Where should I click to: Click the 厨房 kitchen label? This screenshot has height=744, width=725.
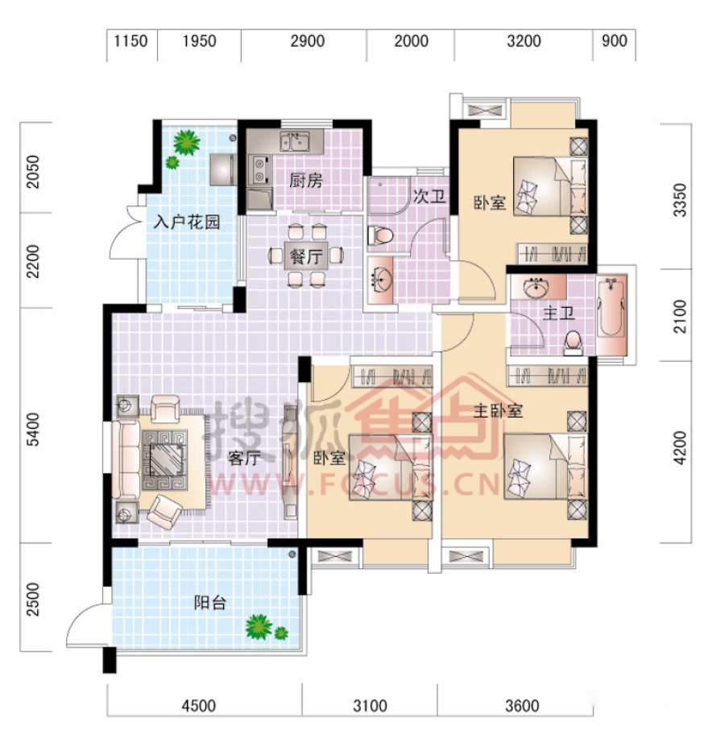(x=306, y=181)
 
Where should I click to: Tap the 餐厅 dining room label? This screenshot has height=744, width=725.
(x=306, y=256)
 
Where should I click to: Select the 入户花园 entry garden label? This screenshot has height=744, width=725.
(x=187, y=222)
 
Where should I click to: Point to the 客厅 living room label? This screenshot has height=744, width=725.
(x=244, y=458)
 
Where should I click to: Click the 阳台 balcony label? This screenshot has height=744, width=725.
(x=210, y=603)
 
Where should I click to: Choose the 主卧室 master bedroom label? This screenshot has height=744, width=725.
(x=498, y=410)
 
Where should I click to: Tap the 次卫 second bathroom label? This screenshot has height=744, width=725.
(x=429, y=196)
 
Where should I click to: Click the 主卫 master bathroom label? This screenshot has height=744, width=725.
(x=558, y=314)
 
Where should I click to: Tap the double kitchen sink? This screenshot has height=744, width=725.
(x=295, y=141)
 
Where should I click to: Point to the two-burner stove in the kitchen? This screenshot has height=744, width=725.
(x=259, y=170)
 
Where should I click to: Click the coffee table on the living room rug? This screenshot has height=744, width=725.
(x=165, y=459)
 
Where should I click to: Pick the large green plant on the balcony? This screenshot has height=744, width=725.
(x=259, y=626)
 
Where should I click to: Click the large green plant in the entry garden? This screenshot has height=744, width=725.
(x=186, y=143)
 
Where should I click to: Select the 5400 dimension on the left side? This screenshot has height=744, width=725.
(x=33, y=430)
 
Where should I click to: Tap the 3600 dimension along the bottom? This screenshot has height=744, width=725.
(x=522, y=705)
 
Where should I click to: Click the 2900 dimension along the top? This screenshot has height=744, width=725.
(x=307, y=41)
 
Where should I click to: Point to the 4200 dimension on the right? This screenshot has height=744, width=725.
(x=679, y=447)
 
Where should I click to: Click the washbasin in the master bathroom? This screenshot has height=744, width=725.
(x=536, y=287)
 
